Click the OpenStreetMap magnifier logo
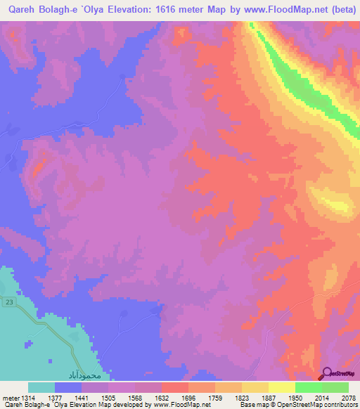point(327,372)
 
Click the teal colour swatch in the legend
point(41,387)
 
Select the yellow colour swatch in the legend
point(281,387)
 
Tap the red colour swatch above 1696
point(175,387)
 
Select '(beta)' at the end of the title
point(340,10)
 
